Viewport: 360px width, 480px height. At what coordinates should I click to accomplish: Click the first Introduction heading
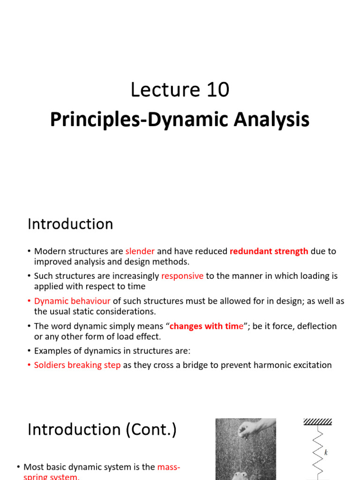pyautogui.click(x=70, y=224)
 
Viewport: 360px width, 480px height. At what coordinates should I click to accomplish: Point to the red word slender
pyautogui.click(x=140, y=251)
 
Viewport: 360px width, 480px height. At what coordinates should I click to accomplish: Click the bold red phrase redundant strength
pyautogui.click(x=269, y=251)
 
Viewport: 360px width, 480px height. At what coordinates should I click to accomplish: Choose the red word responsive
pyautogui.click(x=182, y=276)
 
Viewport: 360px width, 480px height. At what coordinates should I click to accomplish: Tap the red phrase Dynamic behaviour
pyautogui.click(x=72, y=301)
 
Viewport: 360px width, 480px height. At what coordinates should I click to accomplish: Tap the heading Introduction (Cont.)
pyautogui.click(x=102, y=429)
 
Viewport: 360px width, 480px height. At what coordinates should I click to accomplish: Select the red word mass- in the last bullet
pyautogui.click(x=169, y=467)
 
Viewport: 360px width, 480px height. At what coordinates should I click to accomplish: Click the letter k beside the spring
pyautogui.click(x=326, y=452)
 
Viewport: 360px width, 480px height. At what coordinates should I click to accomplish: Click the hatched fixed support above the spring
pyautogui.click(x=317, y=422)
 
